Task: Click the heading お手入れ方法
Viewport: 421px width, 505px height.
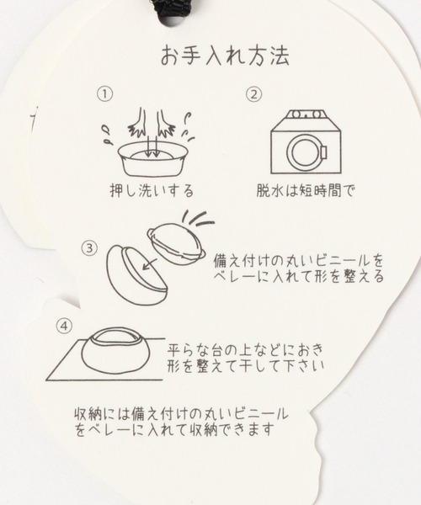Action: point(225,56)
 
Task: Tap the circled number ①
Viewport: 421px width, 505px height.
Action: point(105,94)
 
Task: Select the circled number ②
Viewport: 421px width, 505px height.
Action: point(254,94)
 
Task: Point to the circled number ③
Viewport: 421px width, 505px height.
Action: point(89,248)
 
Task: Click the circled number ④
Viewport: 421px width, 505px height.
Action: point(65,326)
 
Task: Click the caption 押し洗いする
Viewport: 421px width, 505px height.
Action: point(152,191)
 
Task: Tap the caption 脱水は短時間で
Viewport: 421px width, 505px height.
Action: point(305,191)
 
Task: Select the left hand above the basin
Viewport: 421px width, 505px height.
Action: point(138,123)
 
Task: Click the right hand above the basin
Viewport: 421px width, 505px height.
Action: point(165,123)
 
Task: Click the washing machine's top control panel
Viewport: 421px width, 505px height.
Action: point(306,115)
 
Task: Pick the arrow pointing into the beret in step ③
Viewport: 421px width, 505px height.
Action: point(151,263)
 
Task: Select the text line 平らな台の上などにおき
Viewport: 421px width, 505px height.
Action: point(245,350)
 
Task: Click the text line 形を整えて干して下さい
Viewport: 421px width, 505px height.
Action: point(246,366)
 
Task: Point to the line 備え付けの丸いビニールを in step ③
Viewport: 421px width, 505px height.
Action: point(298,261)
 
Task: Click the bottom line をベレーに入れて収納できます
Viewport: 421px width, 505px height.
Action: point(174,429)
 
